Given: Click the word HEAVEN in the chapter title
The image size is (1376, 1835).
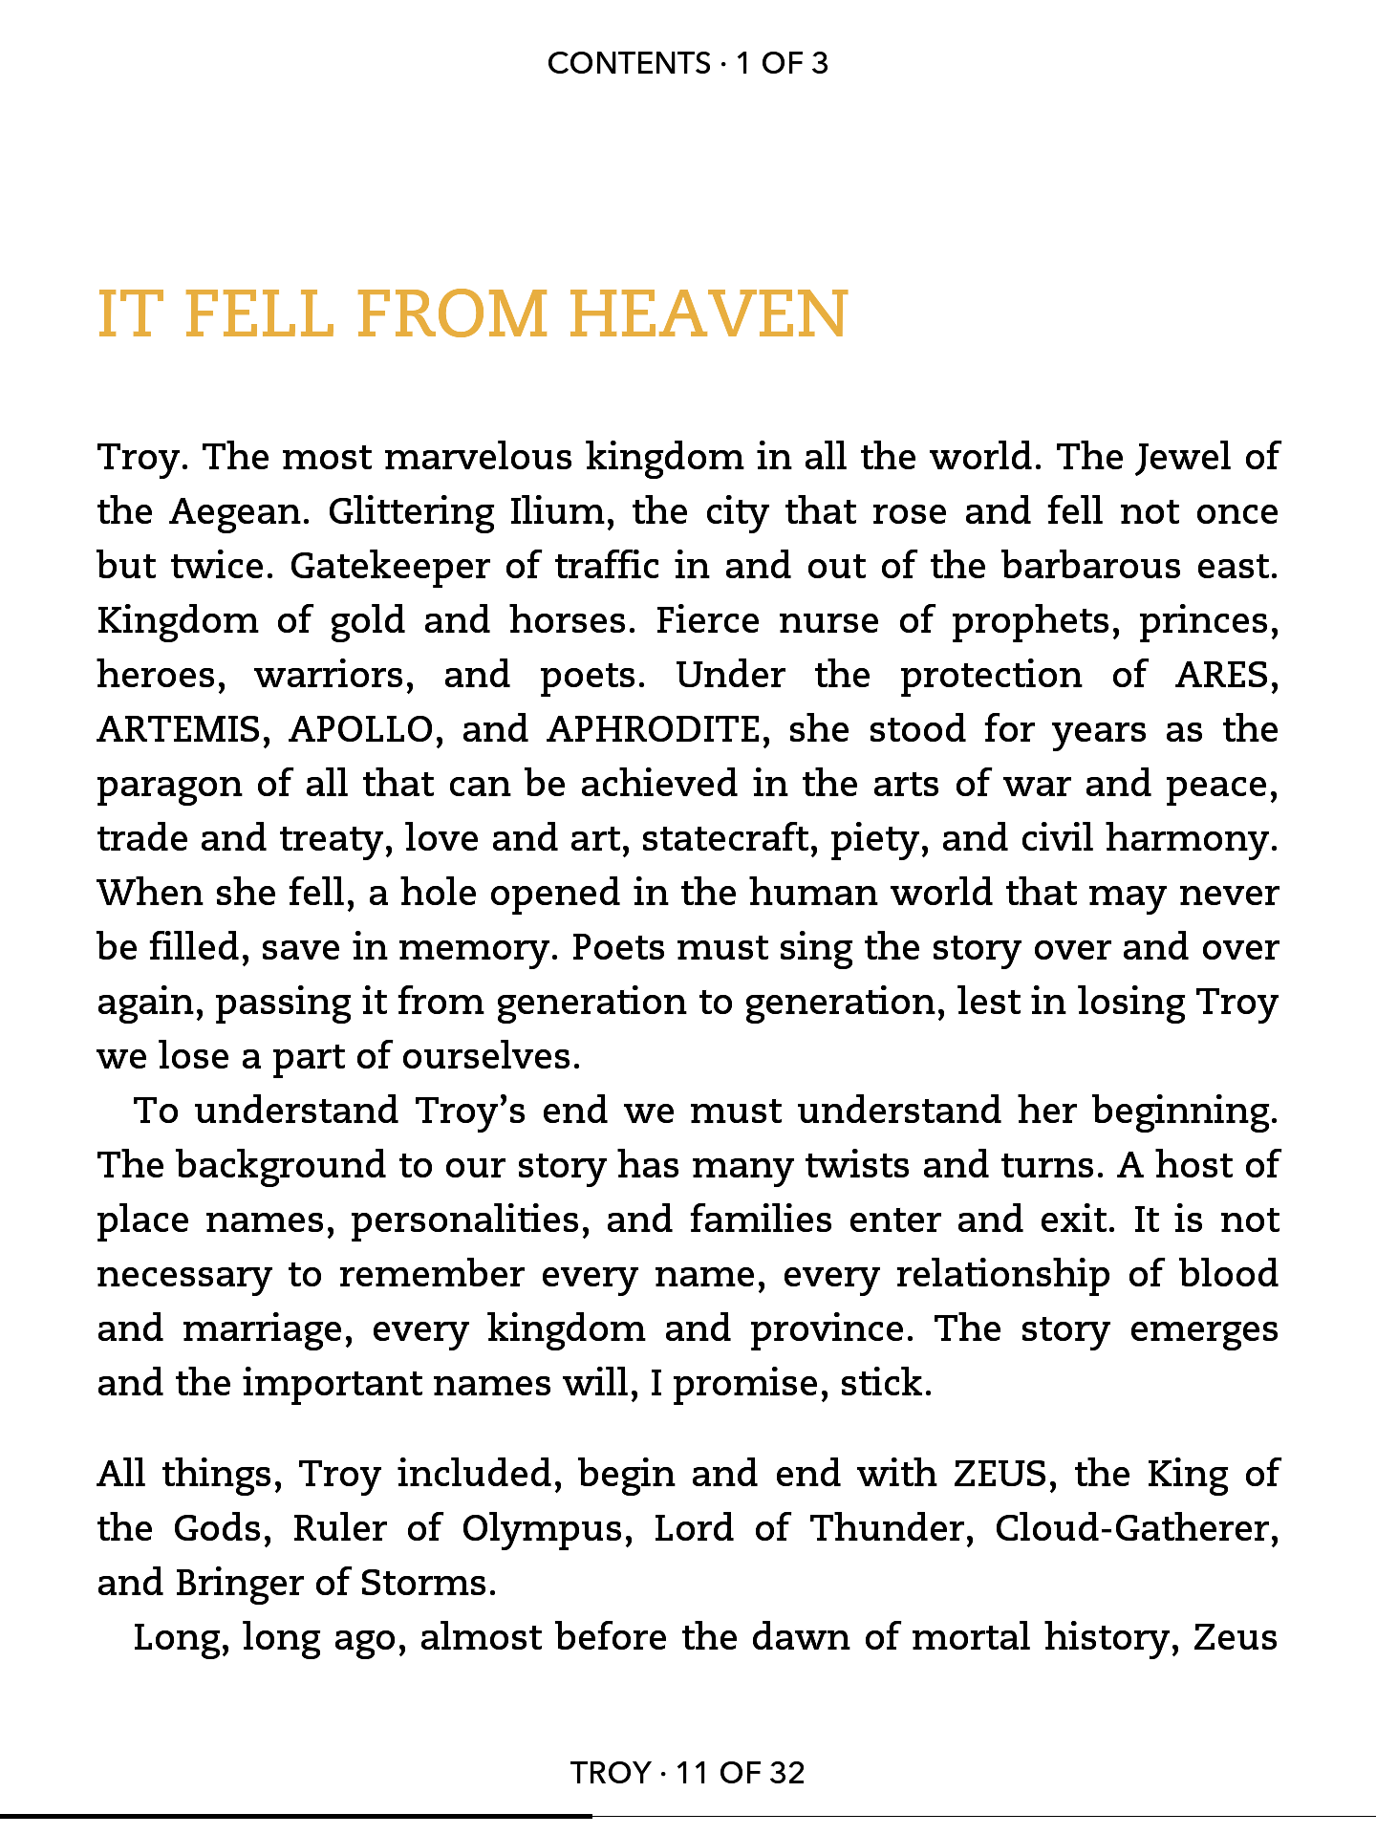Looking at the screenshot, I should [708, 314].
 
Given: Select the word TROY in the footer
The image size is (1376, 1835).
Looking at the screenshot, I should [611, 1773].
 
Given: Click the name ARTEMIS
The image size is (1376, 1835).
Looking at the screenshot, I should [179, 730].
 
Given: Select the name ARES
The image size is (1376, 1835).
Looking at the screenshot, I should [1227, 676].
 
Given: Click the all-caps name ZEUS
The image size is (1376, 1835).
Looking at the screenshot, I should [1001, 1474].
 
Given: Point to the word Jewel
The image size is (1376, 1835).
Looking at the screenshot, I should [1183, 459].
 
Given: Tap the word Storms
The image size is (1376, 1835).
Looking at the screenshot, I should [427, 1584].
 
